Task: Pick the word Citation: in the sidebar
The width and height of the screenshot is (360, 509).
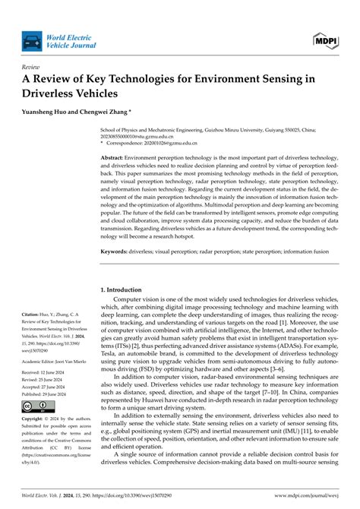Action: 34,313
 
